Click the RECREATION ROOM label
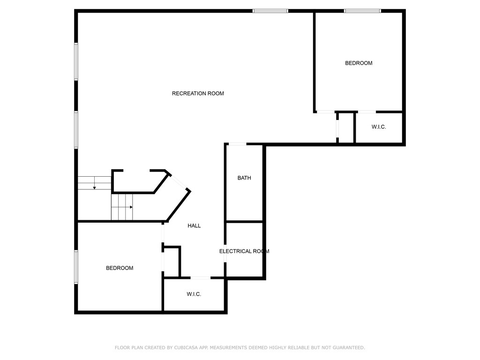tap(198, 93)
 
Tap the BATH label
tap(244, 178)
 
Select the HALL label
tap(194, 225)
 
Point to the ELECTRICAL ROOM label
tap(244, 251)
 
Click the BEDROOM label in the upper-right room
tap(359, 63)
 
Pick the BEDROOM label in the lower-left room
tap(120, 268)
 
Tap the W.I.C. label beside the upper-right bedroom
tap(379, 127)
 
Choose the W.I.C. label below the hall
tap(194, 294)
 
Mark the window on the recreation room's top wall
tap(270, 11)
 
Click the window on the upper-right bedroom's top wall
tap(362, 11)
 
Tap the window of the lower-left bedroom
tap(76, 267)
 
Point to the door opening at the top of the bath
tap(238, 144)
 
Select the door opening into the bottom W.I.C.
tap(201, 278)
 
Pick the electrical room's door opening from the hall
tap(225, 254)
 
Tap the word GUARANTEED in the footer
tap(349, 348)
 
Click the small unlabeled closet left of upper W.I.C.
tap(346, 127)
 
